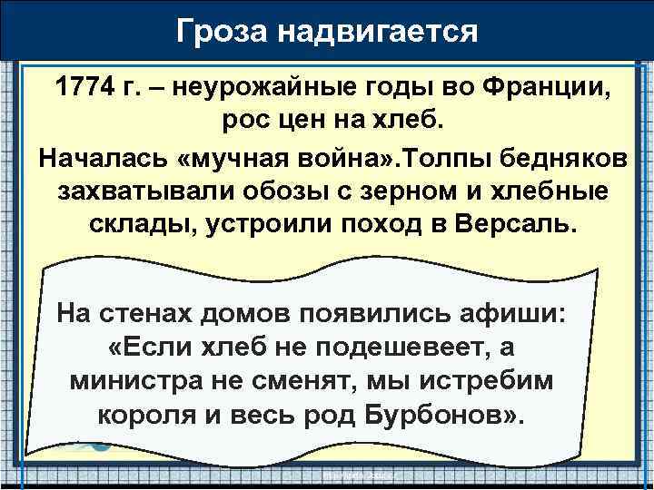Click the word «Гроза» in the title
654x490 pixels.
point(223,31)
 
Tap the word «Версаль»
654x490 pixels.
point(517,225)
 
